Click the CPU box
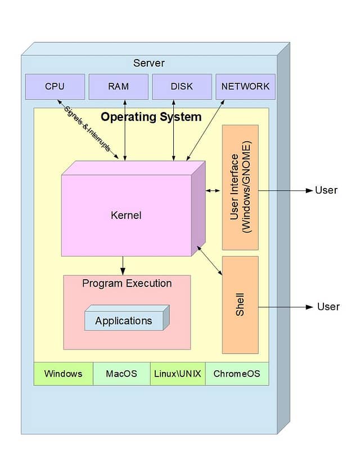(55, 87)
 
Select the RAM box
(118, 87)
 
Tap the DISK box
(182, 87)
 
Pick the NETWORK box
(245, 87)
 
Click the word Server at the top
(148, 62)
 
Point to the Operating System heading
(151, 117)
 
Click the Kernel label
(126, 215)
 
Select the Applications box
(124, 321)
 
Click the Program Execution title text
(127, 283)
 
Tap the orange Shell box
(240, 304)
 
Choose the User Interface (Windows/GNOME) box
(240, 187)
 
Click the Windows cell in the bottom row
(63, 374)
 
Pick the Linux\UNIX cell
(177, 374)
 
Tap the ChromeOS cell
(237, 374)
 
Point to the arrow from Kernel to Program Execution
(123, 265)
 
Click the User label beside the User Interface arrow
(326, 190)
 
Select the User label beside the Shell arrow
(328, 307)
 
